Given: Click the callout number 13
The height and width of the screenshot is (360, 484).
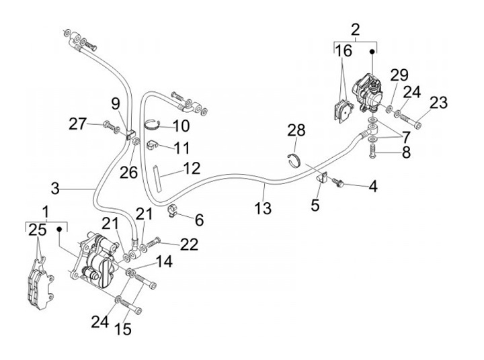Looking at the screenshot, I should click(x=264, y=208).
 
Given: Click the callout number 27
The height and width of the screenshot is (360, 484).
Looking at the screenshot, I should click(x=78, y=124).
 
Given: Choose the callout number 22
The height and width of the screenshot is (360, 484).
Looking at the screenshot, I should click(x=190, y=245).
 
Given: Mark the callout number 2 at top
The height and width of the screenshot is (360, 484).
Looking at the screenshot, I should click(x=356, y=29).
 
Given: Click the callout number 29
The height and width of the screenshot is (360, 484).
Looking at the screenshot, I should click(x=399, y=75).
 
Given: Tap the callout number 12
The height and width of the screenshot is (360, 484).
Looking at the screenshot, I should click(x=192, y=167).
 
